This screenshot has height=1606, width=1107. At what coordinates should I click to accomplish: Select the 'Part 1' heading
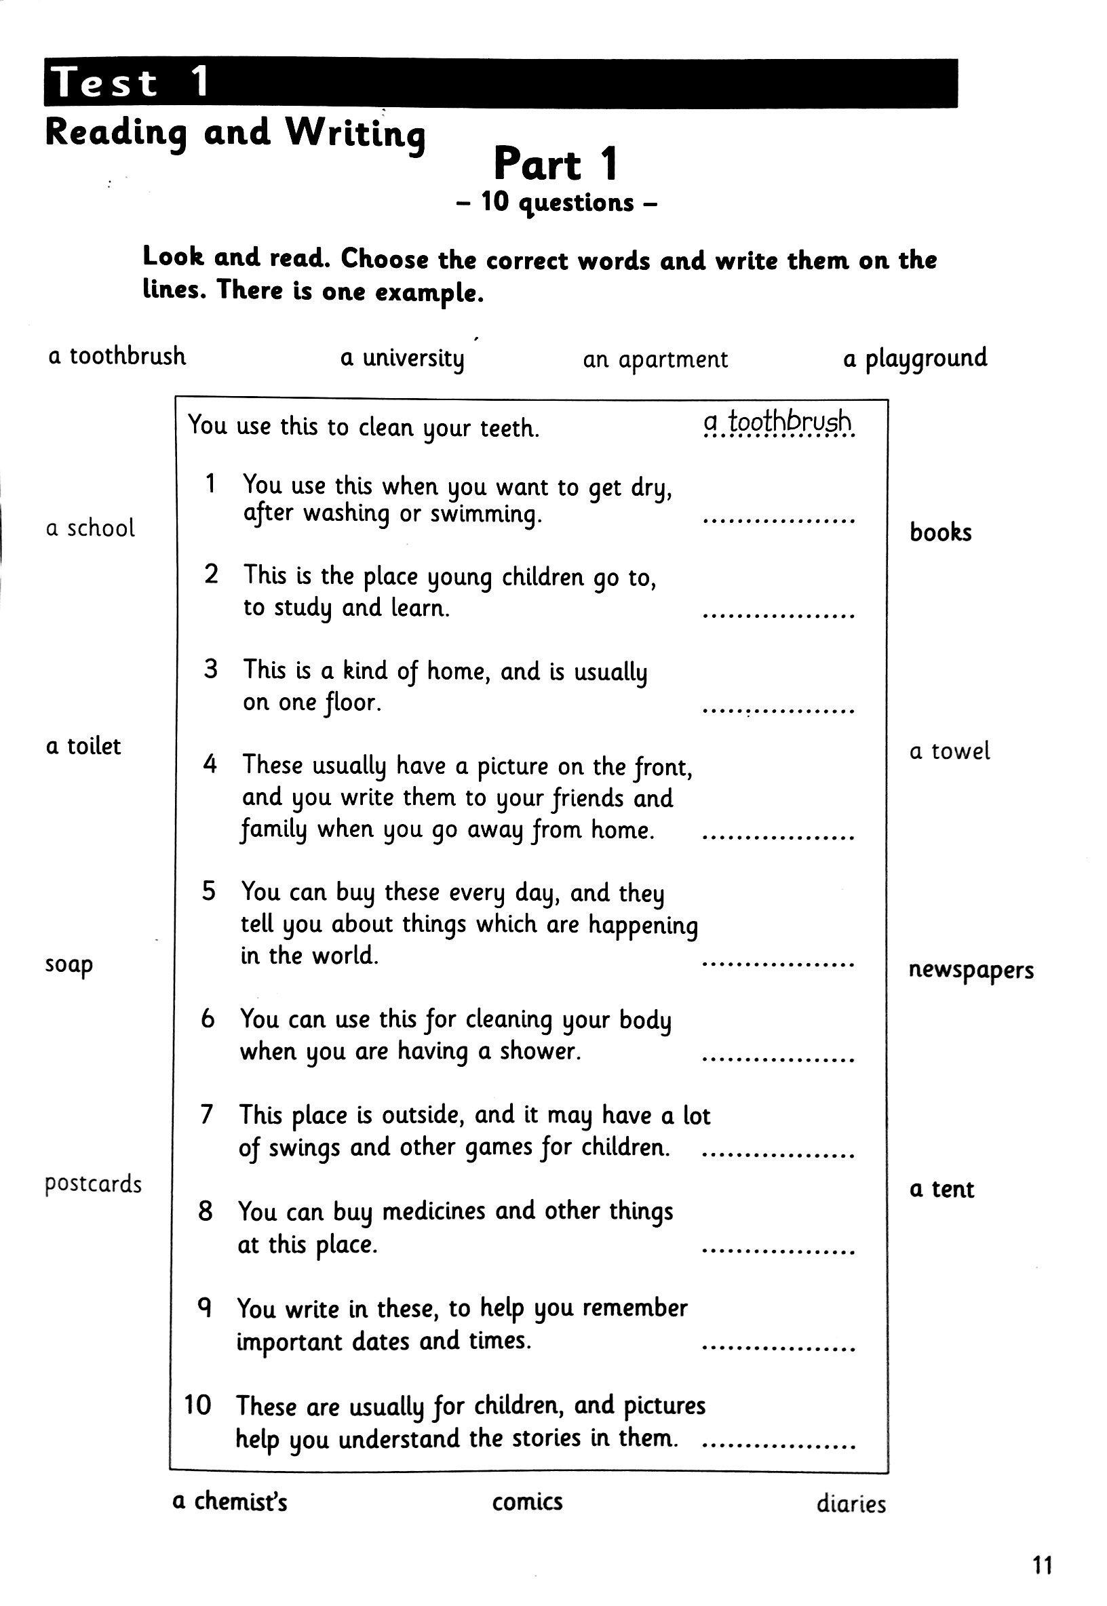point(555,165)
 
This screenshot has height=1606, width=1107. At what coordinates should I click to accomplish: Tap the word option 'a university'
point(402,359)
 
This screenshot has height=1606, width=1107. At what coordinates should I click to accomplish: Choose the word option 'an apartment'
point(655,359)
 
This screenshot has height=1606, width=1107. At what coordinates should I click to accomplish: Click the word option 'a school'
point(90,528)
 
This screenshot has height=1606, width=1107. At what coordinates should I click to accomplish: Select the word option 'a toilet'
point(83,746)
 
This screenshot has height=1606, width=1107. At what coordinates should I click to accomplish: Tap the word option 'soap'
point(69,965)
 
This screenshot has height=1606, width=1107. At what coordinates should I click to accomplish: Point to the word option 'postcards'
point(93,1184)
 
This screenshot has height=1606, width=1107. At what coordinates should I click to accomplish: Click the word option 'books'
point(941,532)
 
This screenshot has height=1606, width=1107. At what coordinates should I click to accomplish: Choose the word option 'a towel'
point(950,751)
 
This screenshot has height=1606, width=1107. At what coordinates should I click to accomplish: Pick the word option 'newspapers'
point(971,970)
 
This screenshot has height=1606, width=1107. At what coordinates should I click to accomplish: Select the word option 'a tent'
point(942,1190)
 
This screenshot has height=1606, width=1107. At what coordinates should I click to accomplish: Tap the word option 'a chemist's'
point(229,1502)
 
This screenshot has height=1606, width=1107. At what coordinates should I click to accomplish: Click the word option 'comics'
point(527,1502)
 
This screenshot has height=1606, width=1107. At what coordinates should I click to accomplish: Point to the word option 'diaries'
point(851,1504)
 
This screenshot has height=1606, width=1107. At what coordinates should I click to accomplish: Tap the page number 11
point(1043,1561)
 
